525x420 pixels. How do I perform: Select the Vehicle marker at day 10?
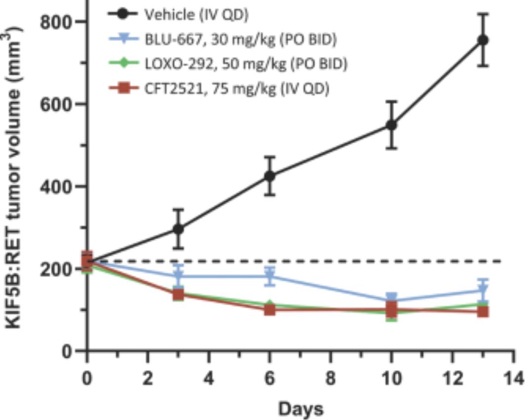(392, 125)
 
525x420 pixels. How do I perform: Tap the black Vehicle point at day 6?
(270, 175)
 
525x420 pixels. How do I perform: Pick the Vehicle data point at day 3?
(179, 229)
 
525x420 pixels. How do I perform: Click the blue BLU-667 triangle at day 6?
(270, 277)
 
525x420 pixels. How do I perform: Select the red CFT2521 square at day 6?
(270, 310)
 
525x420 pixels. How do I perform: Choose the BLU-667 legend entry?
(240, 40)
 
